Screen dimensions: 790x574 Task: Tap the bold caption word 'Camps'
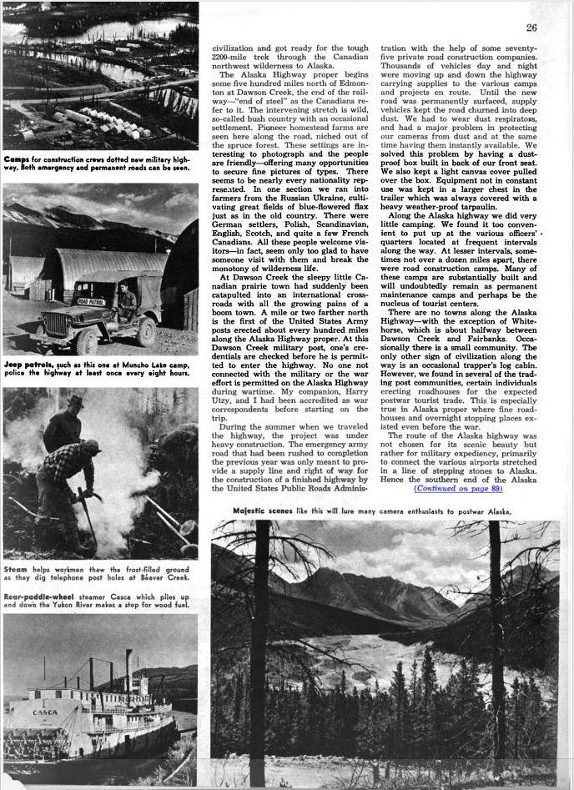tap(18, 159)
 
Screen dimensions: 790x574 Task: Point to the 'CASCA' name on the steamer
tap(45, 713)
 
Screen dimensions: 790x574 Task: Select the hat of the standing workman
tap(75, 402)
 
